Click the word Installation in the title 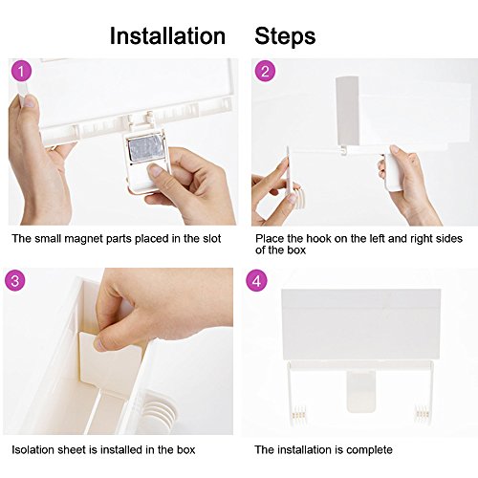tap(167, 35)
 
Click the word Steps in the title tap(285, 35)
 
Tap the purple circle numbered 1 tap(22, 72)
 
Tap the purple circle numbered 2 tap(265, 72)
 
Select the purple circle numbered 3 tap(15, 280)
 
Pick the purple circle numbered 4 tap(256, 280)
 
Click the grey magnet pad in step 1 tap(145, 150)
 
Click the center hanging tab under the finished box tap(361, 391)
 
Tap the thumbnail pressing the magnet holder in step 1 tap(156, 170)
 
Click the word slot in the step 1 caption tap(212, 238)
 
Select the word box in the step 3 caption tap(185, 449)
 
